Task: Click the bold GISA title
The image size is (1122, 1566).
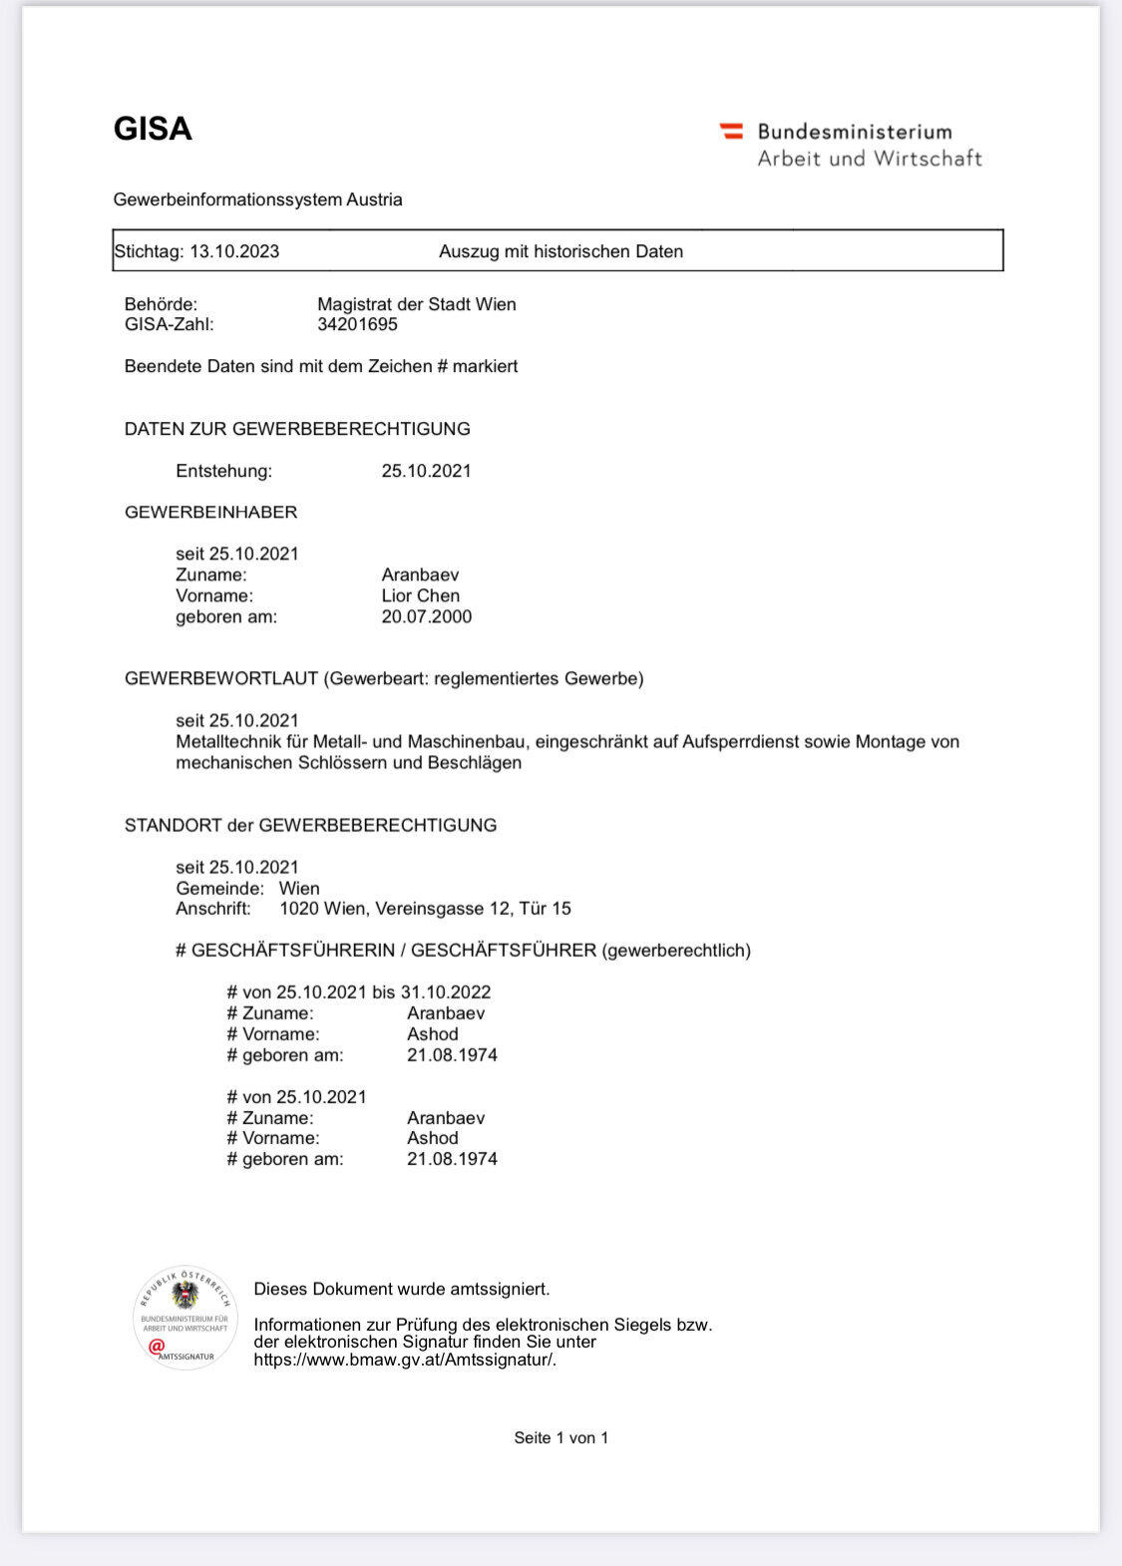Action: tap(153, 130)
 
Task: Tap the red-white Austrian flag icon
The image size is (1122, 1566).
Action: tap(731, 131)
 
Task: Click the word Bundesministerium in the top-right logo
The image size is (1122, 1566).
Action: tap(855, 132)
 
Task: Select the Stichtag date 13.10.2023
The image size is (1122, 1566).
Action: tap(234, 251)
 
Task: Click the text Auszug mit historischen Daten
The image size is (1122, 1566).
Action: tap(561, 251)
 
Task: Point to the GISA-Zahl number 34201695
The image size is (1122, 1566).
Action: tap(357, 324)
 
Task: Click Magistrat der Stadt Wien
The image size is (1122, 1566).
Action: tap(416, 304)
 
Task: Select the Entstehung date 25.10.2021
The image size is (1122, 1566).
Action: tap(426, 471)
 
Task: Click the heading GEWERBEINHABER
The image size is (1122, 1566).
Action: tap(210, 512)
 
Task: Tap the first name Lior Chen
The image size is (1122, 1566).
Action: tap(420, 595)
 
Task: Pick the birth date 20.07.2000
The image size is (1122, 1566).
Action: tap(426, 616)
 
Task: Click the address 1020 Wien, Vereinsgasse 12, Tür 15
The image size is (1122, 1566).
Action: tap(425, 909)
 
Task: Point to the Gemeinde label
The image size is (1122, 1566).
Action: tap(219, 888)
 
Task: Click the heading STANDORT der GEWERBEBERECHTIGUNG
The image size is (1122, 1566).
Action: tap(310, 825)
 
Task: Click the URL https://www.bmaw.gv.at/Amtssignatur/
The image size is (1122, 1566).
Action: tap(405, 1360)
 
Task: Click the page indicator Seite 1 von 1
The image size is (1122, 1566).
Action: tap(561, 1437)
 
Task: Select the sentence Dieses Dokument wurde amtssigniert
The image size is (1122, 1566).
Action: tap(401, 1289)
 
